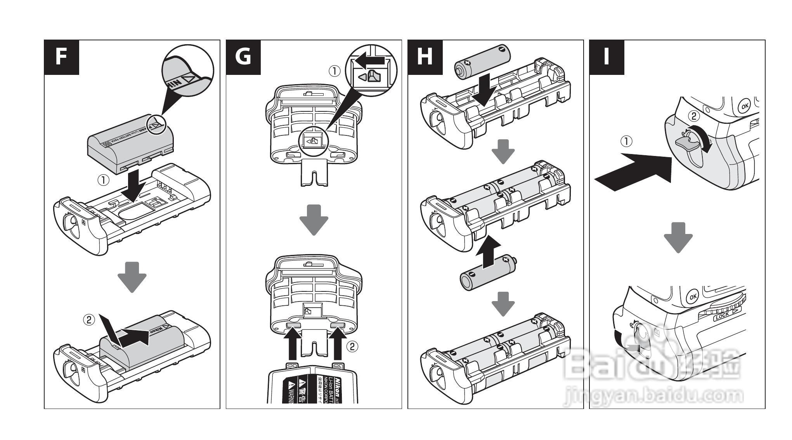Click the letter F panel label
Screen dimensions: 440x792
(61, 57)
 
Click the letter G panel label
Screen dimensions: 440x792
(243, 57)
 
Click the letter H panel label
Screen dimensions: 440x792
(425, 57)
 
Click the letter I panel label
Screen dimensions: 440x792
(607, 57)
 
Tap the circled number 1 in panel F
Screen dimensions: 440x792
(104, 180)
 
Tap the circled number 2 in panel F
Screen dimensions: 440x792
(89, 320)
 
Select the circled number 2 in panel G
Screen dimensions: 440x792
(352, 346)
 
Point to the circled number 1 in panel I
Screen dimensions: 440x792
(626, 142)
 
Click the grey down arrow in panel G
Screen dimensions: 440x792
(314, 220)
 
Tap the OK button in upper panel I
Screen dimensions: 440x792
(744, 106)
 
